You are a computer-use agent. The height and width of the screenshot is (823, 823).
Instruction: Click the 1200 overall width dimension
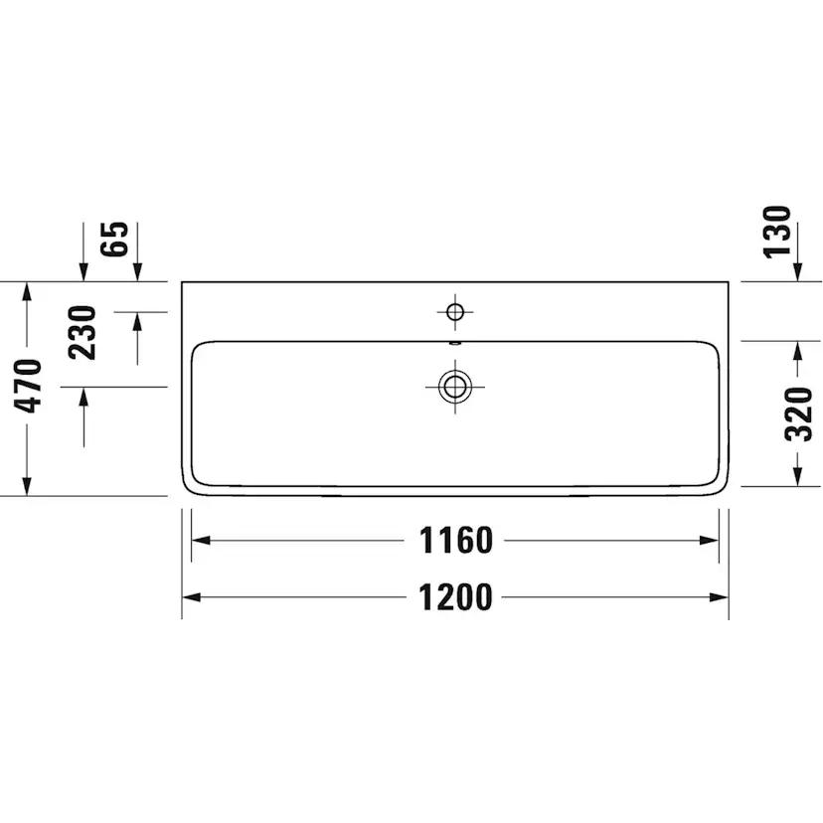click(x=455, y=597)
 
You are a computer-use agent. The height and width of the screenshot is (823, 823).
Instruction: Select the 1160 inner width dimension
click(x=455, y=540)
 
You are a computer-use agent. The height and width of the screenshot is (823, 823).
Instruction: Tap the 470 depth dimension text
click(x=28, y=386)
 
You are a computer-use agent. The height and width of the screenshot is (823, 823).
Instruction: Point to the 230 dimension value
click(x=82, y=332)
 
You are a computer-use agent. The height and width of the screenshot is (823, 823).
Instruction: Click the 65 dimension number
click(x=114, y=239)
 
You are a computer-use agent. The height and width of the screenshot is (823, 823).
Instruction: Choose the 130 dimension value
click(x=776, y=232)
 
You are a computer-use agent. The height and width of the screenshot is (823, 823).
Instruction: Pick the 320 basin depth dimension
click(x=798, y=413)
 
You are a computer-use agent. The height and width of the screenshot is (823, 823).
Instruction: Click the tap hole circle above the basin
click(x=455, y=312)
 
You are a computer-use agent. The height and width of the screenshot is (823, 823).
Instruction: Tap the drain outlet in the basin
click(x=455, y=387)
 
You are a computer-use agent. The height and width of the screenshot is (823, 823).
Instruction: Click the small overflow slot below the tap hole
click(x=455, y=343)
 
